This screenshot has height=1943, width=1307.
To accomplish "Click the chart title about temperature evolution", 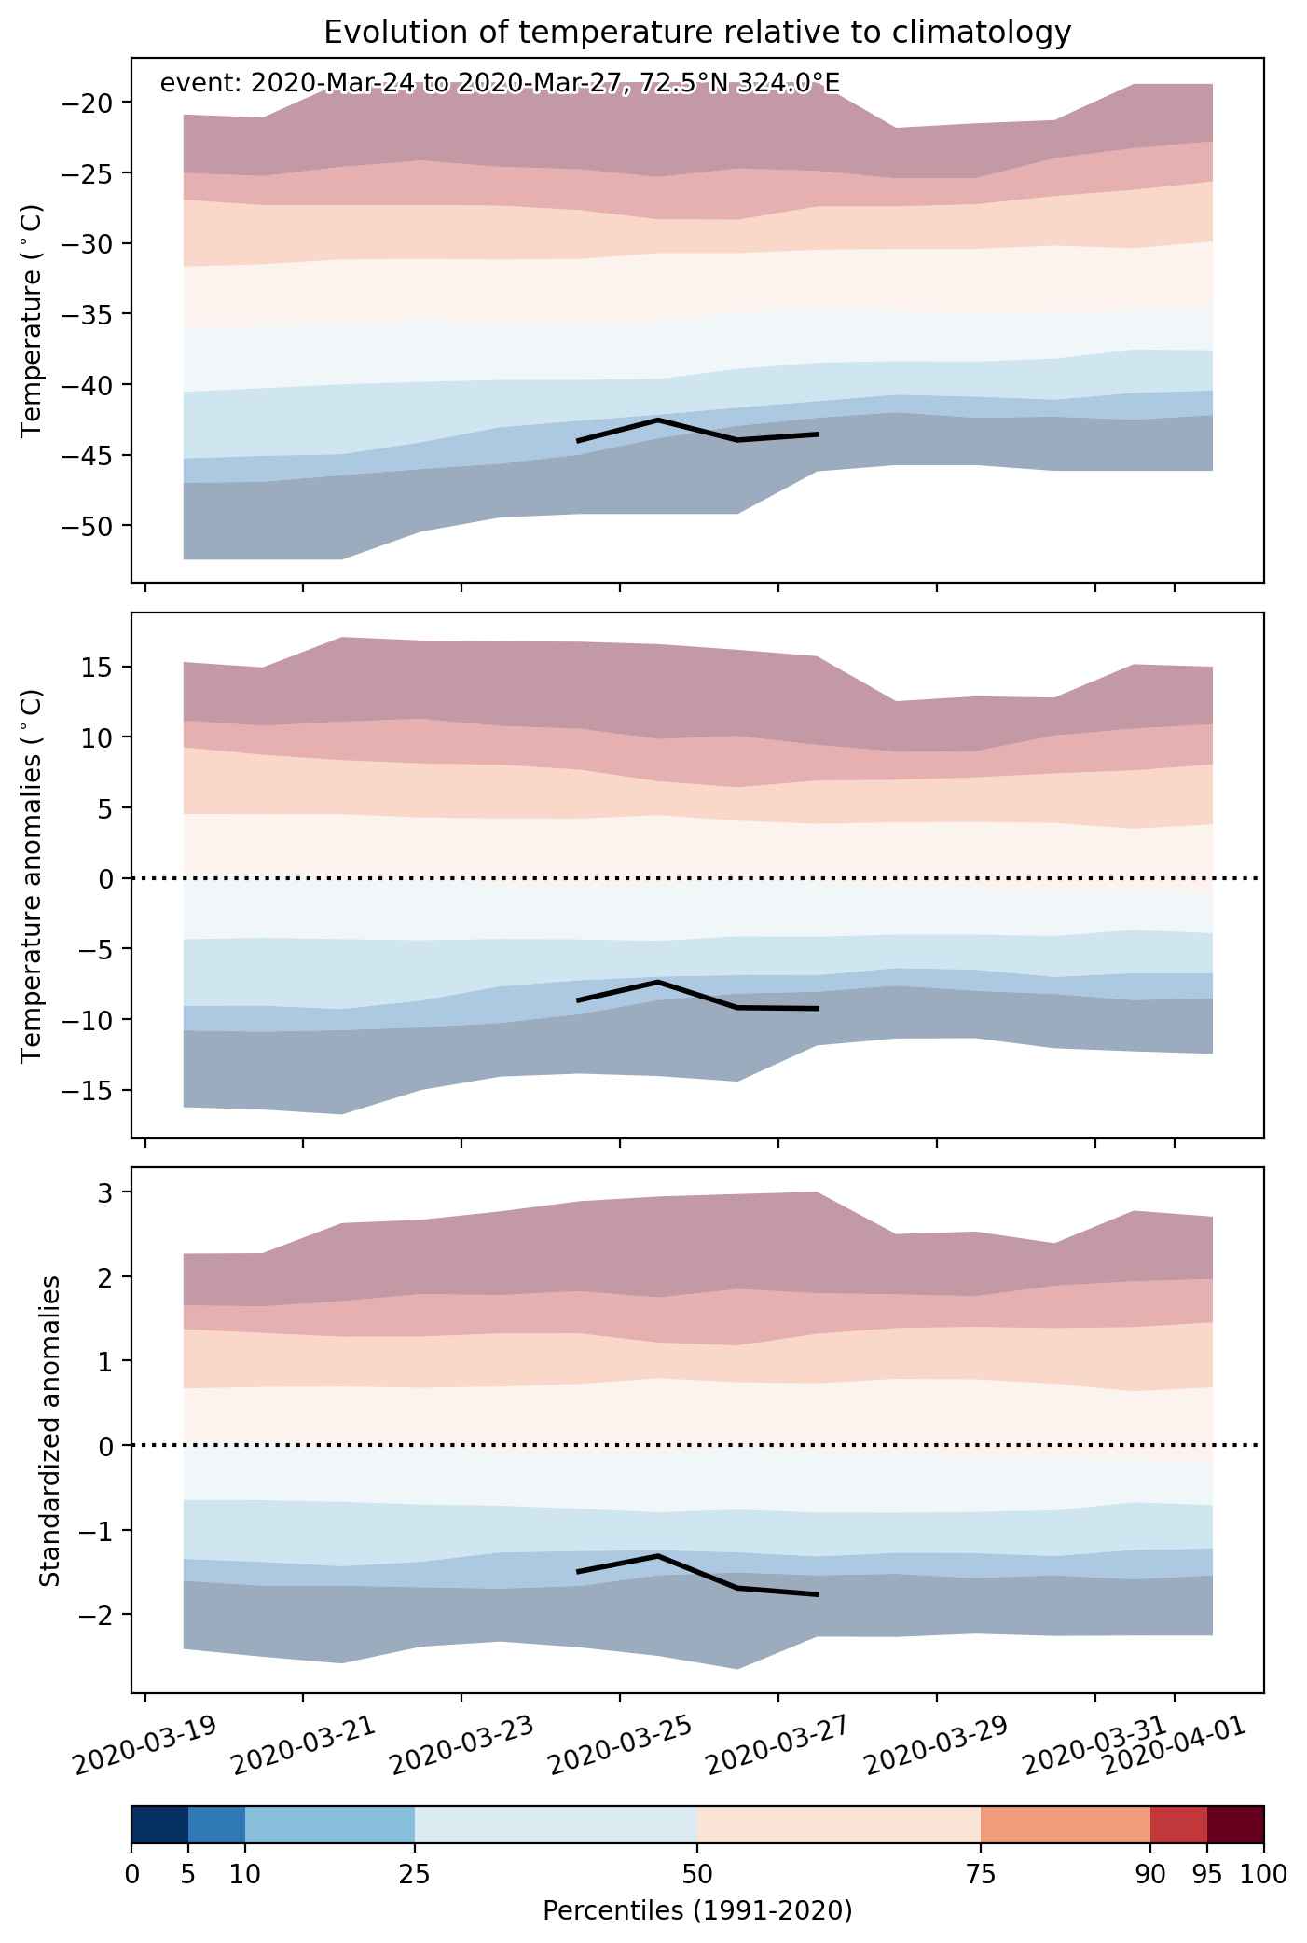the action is click(697, 33).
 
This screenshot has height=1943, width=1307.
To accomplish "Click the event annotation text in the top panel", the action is click(500, 83).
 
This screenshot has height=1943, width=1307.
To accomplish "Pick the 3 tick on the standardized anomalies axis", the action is click(113, 1192).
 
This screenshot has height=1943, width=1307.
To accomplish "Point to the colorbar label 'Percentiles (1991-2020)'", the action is click(697, 1911).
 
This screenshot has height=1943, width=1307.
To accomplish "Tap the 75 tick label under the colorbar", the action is click(981, 1873).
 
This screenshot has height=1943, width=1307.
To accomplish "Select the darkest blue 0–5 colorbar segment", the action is click(160, 1825).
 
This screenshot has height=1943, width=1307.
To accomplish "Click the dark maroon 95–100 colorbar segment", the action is click(1235, 1825).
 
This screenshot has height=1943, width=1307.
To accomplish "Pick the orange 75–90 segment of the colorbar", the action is click(1066, 1825).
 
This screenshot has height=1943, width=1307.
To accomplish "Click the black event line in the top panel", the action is click(697, 431).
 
